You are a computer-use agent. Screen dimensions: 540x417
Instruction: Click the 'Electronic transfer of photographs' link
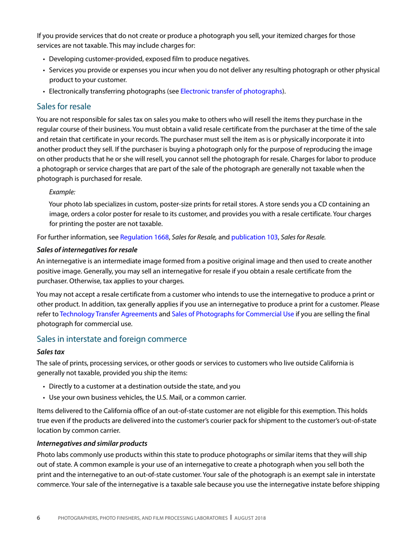coord(231,91)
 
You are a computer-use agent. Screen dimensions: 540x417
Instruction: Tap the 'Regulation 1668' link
coord(144,237)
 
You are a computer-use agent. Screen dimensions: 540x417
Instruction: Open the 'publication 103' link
coord(254,237)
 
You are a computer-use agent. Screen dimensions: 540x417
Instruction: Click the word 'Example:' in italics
coord(62,191)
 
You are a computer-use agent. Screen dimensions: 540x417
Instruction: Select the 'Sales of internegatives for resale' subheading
coord(87,250)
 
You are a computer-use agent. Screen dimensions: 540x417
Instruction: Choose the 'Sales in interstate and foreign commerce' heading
coord(112,338)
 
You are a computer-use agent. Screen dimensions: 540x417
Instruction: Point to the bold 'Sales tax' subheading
coord(50,352)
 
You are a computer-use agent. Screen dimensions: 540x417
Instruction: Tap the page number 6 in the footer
coord(38,518)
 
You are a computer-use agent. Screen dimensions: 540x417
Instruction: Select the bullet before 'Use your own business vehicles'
coord(44,398)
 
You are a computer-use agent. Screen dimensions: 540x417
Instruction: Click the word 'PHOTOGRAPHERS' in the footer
coord(79,518)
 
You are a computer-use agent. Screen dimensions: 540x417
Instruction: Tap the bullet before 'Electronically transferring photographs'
coord(44,91)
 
